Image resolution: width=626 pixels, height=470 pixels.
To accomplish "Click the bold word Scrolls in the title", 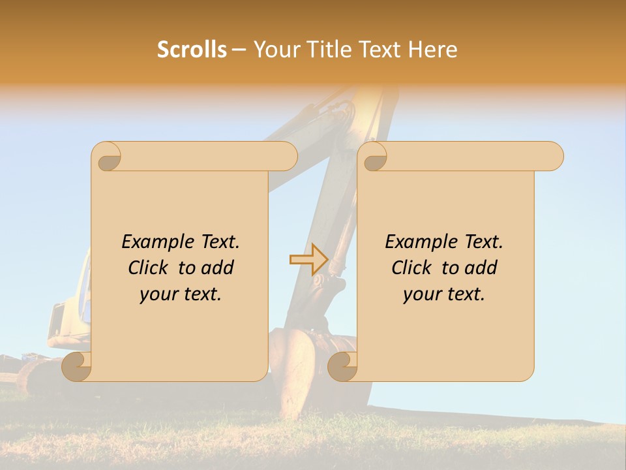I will click(x=192, y=50).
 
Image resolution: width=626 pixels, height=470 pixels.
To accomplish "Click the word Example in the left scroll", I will click(x=152, y=242).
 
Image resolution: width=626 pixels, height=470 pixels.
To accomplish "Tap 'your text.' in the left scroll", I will click(x=181, y=294).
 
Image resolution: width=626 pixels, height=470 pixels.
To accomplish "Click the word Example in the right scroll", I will click(x=415, y=242).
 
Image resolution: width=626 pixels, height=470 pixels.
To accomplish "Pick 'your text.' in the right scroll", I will click(x=444, y=294).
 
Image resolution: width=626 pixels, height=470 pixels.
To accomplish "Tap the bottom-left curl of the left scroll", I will click(x=77, y=366).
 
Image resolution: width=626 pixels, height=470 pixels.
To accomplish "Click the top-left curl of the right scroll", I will click(x=373, y=157).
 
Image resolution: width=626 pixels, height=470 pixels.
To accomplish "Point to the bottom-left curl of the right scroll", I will click(x=342, y=366).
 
